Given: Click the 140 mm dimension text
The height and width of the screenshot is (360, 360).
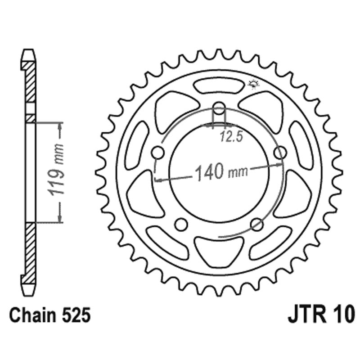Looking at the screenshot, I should click(218, 171).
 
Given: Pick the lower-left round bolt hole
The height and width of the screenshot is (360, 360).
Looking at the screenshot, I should click(181, 224).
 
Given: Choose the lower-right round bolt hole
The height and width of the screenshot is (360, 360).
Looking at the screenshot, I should click(257, 224).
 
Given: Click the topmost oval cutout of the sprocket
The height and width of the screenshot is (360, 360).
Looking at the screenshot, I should click(219, 85).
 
